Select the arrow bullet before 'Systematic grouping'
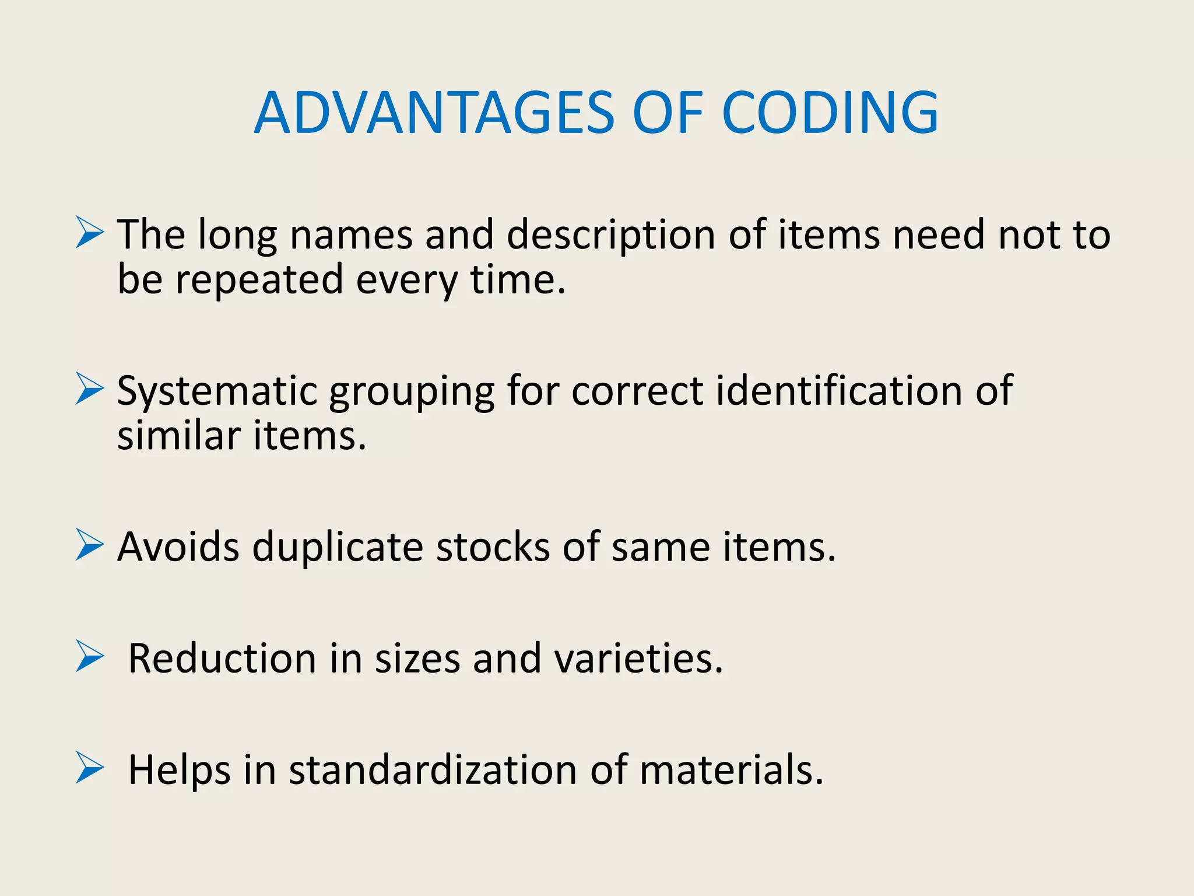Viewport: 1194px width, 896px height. pos(90,388)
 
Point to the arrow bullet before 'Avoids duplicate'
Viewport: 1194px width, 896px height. pos(90,545)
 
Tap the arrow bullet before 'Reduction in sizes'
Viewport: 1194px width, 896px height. pos(90,656)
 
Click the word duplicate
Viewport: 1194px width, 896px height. pos(338,547)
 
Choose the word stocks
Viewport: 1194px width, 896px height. pos(493,547)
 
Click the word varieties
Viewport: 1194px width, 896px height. pos(638,658)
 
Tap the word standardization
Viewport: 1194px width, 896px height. pos(433,769)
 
